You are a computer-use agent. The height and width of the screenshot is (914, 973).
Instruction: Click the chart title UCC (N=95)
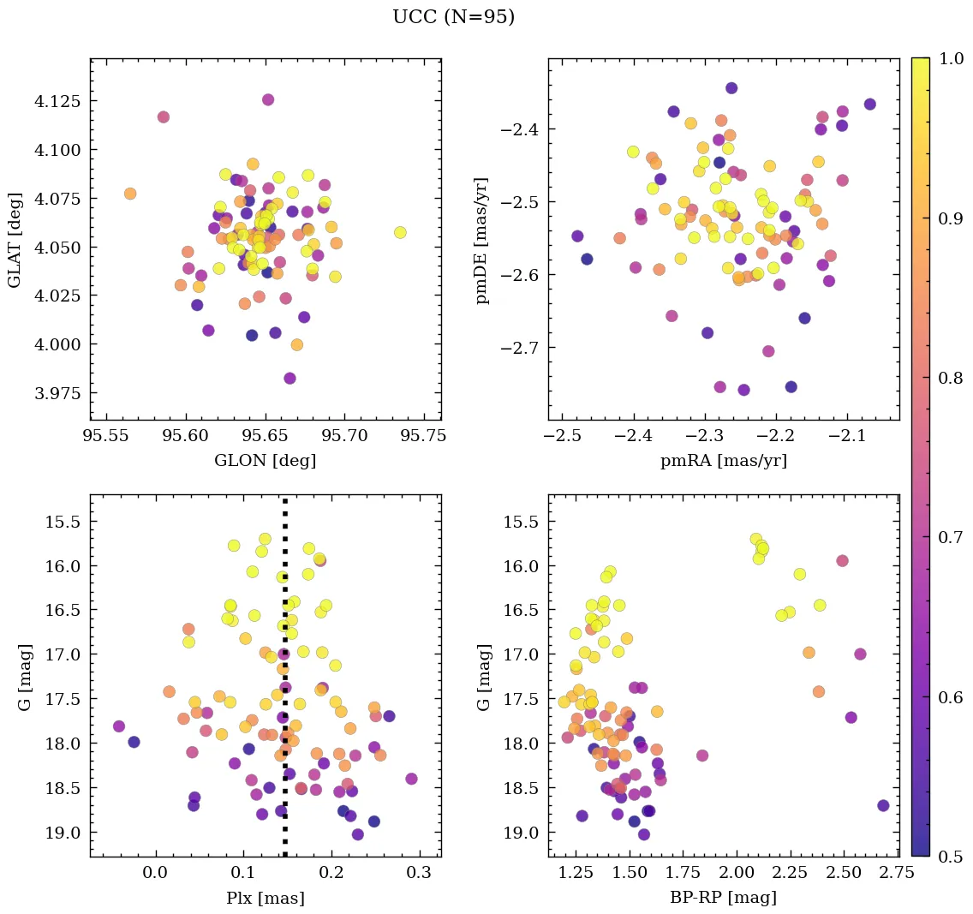[453, 17]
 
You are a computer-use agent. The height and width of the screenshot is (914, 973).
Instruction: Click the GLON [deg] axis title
[265, 461]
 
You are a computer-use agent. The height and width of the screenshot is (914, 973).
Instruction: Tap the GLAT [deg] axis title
[15, 240]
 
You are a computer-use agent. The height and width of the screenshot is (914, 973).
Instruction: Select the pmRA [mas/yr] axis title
[723, 461]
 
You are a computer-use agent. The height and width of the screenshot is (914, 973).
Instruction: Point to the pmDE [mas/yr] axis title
[483, 240]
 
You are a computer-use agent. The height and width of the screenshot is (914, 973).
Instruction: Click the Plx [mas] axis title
[265, 898]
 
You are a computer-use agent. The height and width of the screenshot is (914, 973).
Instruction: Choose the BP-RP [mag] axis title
[723, 898]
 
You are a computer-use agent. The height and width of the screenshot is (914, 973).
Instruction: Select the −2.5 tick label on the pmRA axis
[558, 437]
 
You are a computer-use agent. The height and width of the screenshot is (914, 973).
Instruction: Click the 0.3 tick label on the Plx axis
[419, 873]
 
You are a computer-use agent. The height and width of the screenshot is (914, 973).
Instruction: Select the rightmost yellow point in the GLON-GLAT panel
[400, 232]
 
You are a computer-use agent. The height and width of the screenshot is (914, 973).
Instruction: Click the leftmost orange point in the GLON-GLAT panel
[130, 194]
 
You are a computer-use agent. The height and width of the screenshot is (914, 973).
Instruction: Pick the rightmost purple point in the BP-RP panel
[883, 805]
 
